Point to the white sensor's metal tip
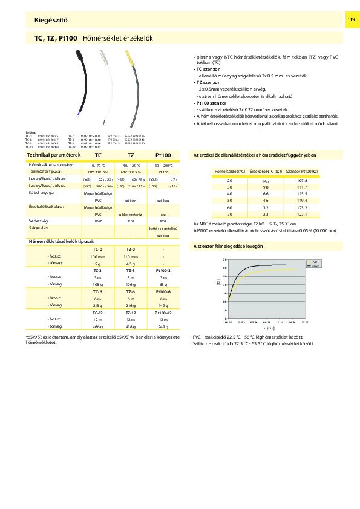point(105,57)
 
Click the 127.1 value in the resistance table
point(303,214)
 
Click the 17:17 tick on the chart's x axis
point(304,323)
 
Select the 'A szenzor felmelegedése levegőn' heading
point(227,247)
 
